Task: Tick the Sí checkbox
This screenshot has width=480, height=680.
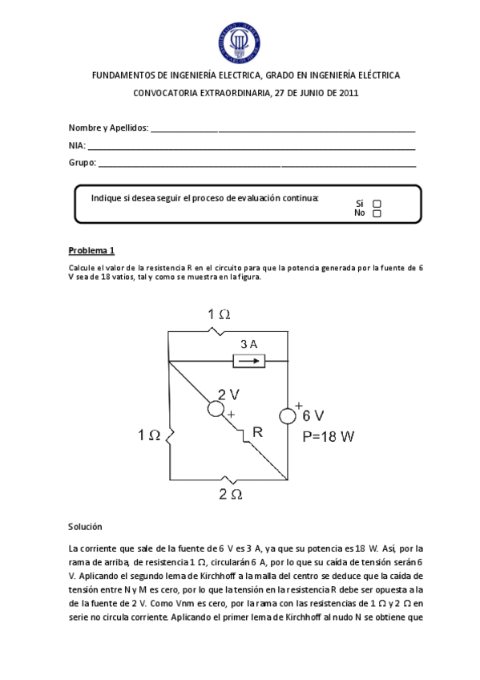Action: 377,204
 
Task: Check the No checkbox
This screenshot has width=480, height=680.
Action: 377,213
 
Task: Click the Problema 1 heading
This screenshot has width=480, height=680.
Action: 92,249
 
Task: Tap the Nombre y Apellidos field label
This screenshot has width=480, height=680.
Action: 108,128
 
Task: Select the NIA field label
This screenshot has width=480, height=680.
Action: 77,145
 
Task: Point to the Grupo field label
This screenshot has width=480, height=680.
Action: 82,163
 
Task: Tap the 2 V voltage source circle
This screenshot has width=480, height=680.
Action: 216,408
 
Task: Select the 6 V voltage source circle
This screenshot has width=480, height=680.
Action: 288,415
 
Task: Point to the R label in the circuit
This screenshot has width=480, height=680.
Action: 257,433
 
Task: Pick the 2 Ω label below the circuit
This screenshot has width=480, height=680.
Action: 230,495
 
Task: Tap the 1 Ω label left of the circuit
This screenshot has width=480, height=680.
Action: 149,435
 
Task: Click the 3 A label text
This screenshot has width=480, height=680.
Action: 249,344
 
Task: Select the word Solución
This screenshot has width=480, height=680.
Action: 86,527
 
